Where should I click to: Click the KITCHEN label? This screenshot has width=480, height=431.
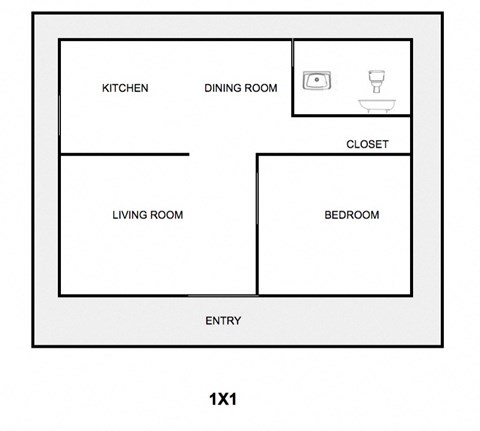(x=125, y=88)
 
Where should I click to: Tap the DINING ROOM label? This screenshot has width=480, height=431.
(x=240, y=88)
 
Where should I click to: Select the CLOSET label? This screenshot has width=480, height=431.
(x=367, y=144)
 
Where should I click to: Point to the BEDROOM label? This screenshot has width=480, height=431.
(x=352, y=215)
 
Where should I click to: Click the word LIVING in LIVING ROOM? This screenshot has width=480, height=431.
(x=129, y=215)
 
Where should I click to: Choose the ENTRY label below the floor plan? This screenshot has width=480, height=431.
(x=223, y=321)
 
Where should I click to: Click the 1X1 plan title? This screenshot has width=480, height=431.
(x=222, y=398)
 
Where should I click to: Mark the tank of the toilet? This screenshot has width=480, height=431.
(x=376, y=72)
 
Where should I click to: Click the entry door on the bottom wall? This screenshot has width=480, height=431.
(x=222, y=295)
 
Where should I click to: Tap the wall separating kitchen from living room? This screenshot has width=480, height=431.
(x=125, y=154)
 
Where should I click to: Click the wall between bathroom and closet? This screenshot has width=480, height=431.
(x=351, y=116)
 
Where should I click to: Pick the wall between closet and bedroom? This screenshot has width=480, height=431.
(x=334, y=155)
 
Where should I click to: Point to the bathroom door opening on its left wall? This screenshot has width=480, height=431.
(x=292, y=78)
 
